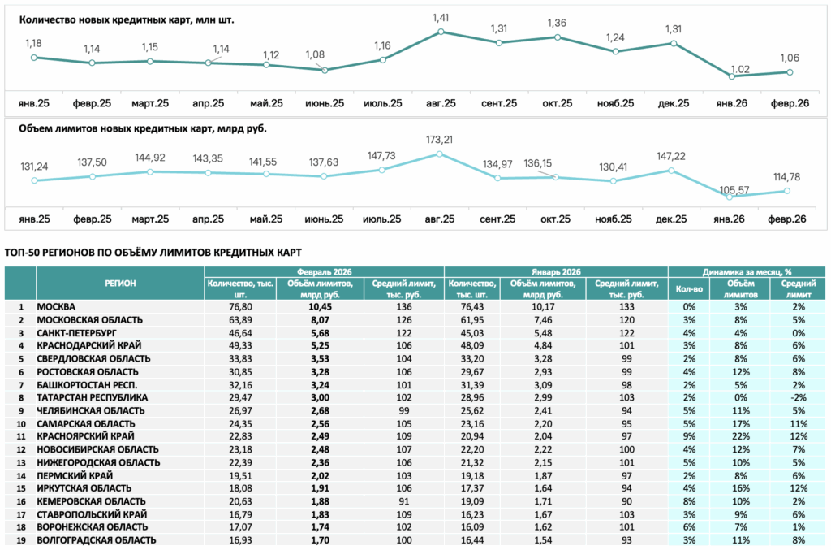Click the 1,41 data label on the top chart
441,18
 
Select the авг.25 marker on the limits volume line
439,154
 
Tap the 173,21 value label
439,140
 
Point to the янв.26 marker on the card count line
732,76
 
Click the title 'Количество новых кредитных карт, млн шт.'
127,20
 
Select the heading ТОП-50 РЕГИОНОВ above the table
153,253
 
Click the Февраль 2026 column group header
324,271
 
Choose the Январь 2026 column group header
556,271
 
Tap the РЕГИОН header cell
120,284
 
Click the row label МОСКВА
56,306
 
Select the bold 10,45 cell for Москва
320,306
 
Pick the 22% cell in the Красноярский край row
740,436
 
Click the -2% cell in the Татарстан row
799,397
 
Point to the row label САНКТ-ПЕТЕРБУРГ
76,333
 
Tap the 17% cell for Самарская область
740,424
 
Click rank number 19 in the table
21,540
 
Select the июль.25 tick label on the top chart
383,103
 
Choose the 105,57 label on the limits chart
734,190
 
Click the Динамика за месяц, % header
747,271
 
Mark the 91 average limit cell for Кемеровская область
404,501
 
